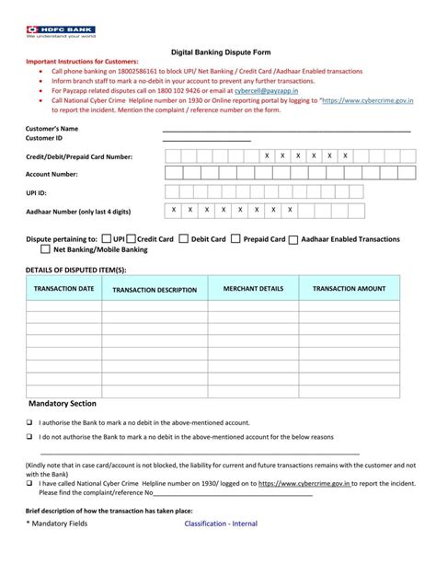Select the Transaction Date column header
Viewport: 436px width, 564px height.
click(x=63, y=289)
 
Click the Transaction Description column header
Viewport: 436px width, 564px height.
click(x=155, y=290)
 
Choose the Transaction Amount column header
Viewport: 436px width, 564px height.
click(x=349, y=289)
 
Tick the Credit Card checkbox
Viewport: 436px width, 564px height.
click(x=132, y=238)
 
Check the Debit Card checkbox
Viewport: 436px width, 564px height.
click(x=183, y=238)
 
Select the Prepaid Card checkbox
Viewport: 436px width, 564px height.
click(x=235, y=238)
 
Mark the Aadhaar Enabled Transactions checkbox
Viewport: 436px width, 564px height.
click(x=293, y=239)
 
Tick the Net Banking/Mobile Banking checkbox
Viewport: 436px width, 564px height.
click(x=45, y=249)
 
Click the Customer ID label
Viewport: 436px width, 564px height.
click(x=44, y=138)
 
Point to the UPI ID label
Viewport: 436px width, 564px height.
click(x=36, y=193)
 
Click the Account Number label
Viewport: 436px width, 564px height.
click(x=52, y=174)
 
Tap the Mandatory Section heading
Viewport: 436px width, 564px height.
click(x=63, y=403)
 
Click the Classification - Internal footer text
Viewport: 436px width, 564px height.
click(x=221, y=524)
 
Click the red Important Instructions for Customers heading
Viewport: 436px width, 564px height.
click(x=87, y=63)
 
